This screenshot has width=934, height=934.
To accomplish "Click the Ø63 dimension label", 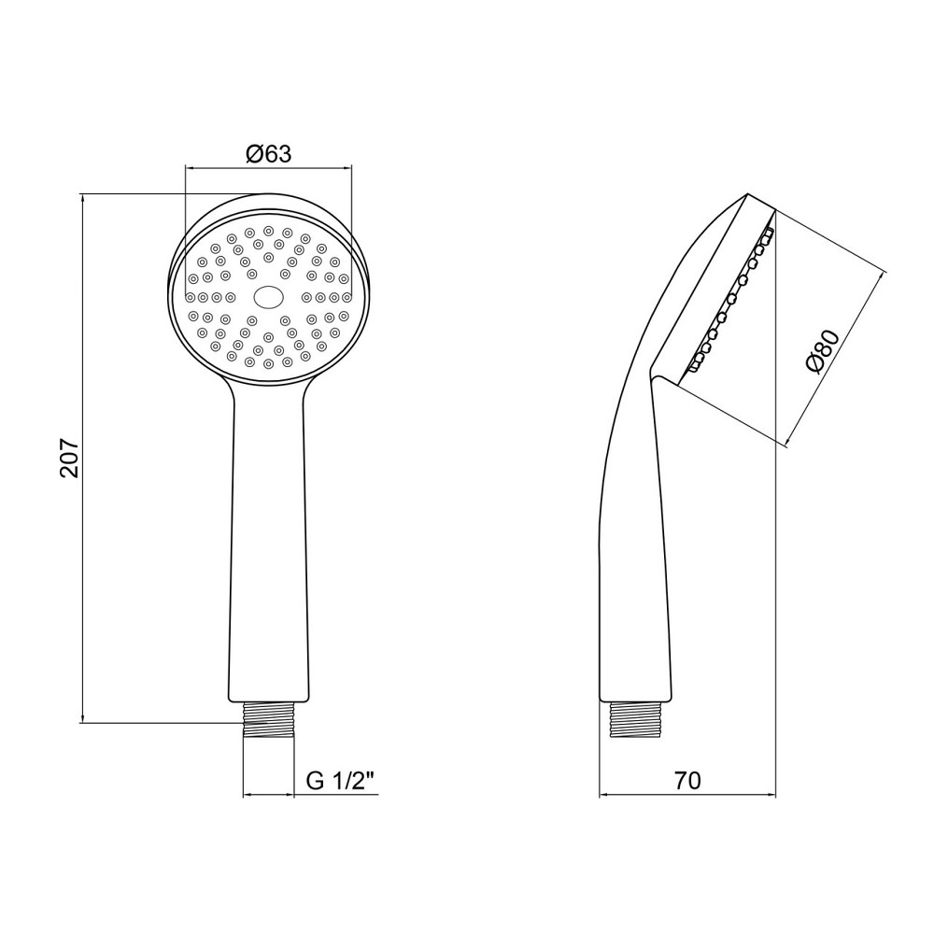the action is tap(269, 154).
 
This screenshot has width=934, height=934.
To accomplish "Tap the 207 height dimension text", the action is tap(70, 458).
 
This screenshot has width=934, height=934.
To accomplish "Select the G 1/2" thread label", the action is tap(343, 780).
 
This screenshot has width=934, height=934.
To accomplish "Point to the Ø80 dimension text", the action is tap(822, 351).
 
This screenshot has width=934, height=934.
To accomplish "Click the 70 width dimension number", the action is tap(687, 780).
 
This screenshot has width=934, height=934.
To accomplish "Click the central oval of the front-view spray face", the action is tap(269, 297).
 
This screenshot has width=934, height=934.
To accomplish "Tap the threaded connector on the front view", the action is tap(269, 719).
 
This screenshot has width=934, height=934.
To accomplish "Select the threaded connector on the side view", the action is tap(635, 719).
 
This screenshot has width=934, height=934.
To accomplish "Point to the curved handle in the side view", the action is tap(631, 536).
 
